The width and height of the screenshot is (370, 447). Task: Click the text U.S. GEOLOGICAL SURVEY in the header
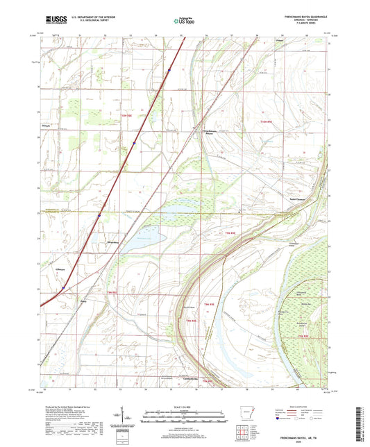pos(89,21)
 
